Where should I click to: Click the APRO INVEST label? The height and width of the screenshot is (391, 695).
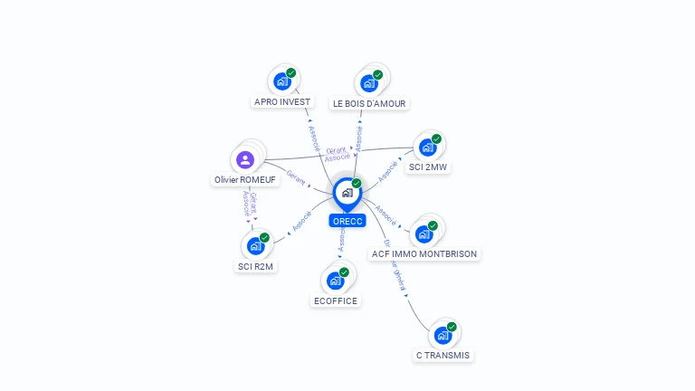pyautogui.click(x=282, y=102)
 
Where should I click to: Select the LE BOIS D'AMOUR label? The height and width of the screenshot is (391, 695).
pyautogui.click(x=369, y=103)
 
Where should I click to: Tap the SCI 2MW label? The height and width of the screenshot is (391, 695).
pyautogui.click(x=428, y=167)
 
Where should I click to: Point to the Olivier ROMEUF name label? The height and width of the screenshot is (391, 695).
pyautogui.click(x=245, y=180)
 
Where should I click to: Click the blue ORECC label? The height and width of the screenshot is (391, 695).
pyautogui.click(x=347, y=221)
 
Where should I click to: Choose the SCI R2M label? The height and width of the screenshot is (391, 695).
pyautogui.click(x=255, y=266)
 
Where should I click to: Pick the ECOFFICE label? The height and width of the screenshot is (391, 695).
pyautogui.click(x=336, y=300)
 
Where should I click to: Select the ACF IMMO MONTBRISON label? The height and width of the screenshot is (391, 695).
pyautogui.click(x=424, y=254)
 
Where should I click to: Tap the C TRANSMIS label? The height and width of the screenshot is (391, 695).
pyautogui.click(x=443, y=356)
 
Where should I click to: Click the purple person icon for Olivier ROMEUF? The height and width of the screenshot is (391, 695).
pyautogui.click(x=245, y=160)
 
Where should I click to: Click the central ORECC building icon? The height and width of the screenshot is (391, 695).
pyautogui.click(x=347, y=193)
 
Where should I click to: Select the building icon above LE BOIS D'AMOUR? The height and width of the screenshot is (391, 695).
pyautogui.click(x=368, y=83)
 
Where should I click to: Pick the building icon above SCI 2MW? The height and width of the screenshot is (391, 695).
pyautogui.click(x=427, y=148)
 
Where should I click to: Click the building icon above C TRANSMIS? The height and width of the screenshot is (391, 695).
pyautogui.click(x=443, y=336)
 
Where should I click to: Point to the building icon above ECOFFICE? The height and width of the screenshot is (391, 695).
pyautogui.click(x=335, y=281)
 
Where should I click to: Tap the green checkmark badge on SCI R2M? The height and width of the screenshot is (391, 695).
pyautogui.click(x=264, y=237)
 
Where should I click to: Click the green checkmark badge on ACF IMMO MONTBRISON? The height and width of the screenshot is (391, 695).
pyautogui.click(x=433, y=225)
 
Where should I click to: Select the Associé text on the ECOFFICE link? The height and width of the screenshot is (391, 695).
pyautogui.click(x=341, y=239)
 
